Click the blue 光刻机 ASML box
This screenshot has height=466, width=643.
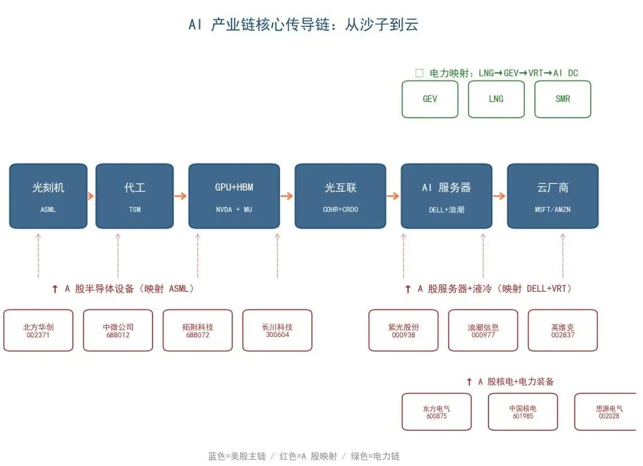tap(48, 196)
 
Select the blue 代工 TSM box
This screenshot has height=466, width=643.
tap(134, 196)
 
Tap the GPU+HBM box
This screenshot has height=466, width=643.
tap(234, 196)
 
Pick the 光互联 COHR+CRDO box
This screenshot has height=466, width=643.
tap(340, 196)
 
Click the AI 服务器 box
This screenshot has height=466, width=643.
tap(446, 196)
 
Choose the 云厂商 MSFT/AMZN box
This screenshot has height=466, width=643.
tap(553, 196)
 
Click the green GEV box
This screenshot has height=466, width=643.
tap(430, 99)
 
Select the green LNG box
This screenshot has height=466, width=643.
tap(496, 99)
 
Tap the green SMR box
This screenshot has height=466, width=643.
tap(563, 99)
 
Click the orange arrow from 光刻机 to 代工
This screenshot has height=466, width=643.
tap(91, 196)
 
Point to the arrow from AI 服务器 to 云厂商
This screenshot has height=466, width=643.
tap(499, 196)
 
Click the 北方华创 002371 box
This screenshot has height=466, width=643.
tap(38, 330)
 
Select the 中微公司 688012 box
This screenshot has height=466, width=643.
tap(118, 330)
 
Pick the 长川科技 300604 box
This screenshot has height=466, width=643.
tap(277, 330)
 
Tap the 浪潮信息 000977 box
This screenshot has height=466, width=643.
tap(483, 330)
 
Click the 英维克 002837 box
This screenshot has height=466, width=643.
tap(563, 330)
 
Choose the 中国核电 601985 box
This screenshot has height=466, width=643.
tap(523, 412)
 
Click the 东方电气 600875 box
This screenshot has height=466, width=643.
tap(437, 412)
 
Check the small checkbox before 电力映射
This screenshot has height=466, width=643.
tap(419, 73)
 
